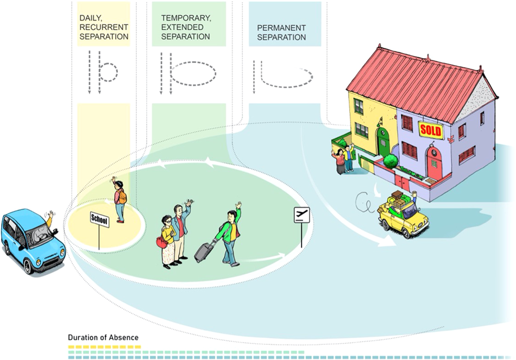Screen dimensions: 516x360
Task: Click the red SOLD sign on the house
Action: [x=431, y=130]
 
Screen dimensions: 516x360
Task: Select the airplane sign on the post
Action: [x=300, y=215]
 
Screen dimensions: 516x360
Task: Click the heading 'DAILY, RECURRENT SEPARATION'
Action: [x=104, y=27]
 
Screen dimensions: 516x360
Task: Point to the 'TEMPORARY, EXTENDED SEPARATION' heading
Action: [x=186, y=27]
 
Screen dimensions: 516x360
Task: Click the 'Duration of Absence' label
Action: [x=103, y=337]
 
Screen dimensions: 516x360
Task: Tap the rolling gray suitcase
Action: [x=204, y=251]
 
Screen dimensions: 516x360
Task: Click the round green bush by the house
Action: [x=391, y=161]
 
